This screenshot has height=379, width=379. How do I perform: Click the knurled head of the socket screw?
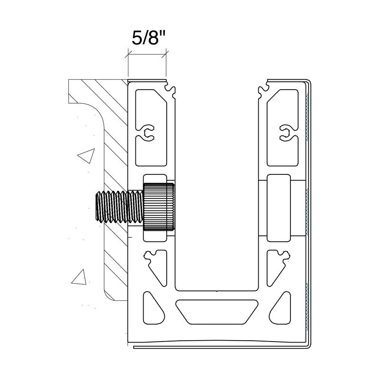click(x=158, y=207)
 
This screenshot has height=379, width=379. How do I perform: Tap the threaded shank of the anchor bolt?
click(x=118, y=207)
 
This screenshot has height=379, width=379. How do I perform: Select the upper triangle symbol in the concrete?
click(x=86, y=155)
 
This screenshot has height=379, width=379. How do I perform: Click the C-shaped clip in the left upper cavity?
click(x=148, y=133)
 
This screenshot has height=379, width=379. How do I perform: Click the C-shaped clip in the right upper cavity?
click(x=285, y=133)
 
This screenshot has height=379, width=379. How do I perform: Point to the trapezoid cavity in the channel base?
click(x=217, y=311)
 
